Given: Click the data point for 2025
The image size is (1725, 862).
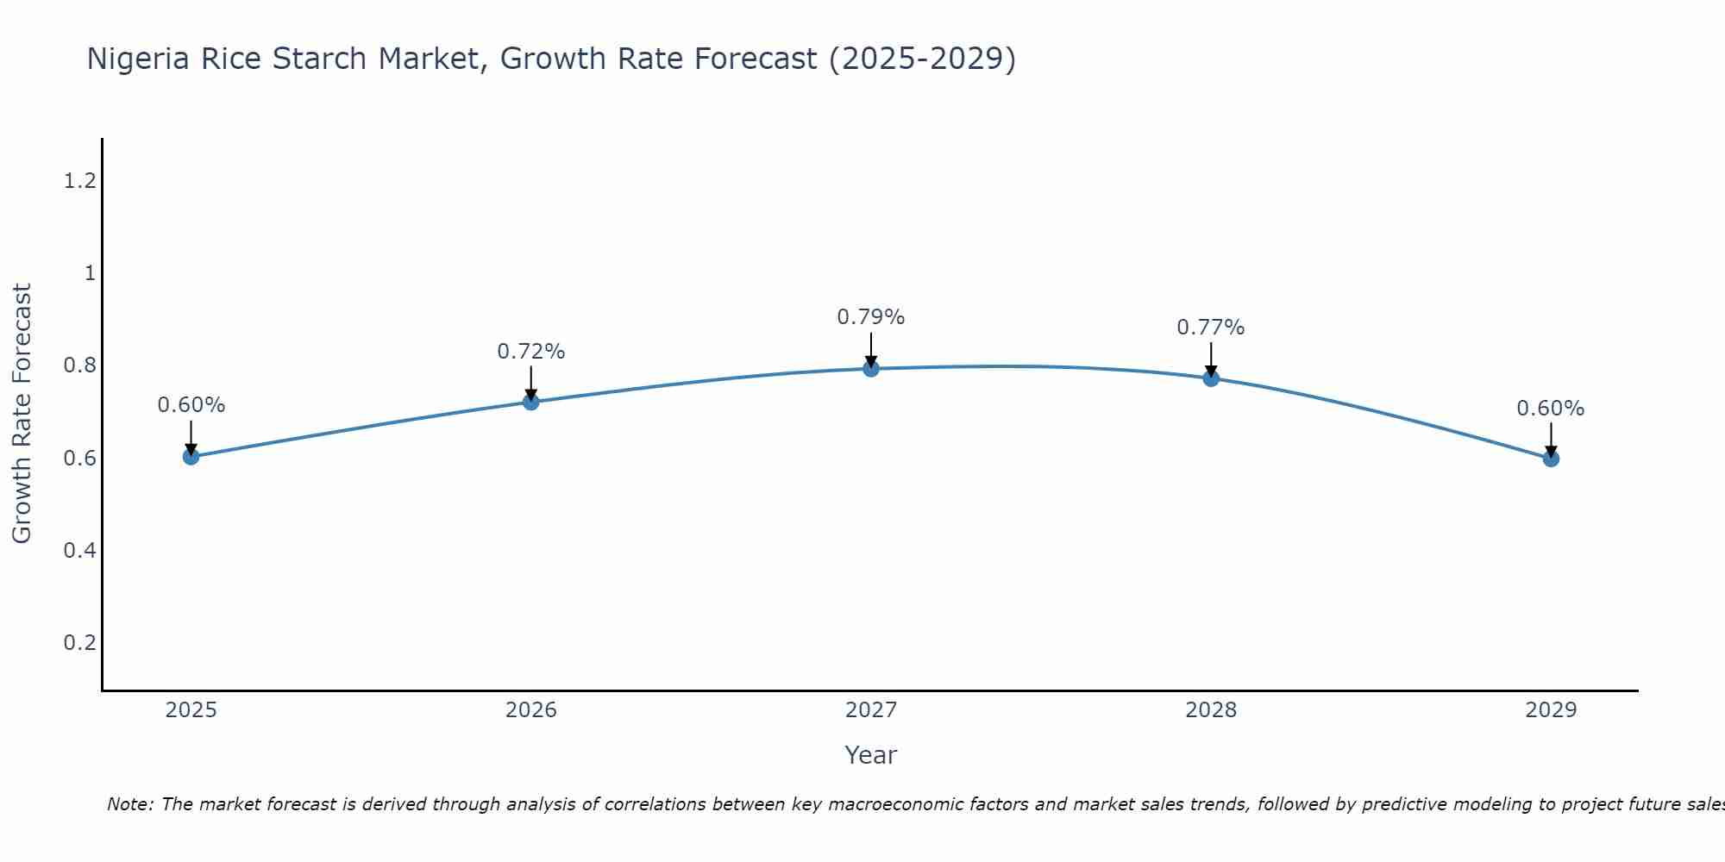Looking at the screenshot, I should (x=191, y=456).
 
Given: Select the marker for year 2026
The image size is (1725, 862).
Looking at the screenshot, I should (x=530, y=402).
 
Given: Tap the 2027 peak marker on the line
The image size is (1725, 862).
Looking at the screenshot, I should (x=871, y=369).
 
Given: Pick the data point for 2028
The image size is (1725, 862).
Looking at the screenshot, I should (x=1211, y=378).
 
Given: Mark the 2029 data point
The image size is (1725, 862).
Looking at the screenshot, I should (x=1551, y=459).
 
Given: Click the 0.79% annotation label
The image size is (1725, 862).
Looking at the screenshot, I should (x=871, y=317).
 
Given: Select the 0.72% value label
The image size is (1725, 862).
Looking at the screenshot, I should (x=530, y=352).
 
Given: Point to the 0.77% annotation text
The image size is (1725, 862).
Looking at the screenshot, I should (x=1211, y=328).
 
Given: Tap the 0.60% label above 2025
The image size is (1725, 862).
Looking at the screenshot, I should (x=191, y=405).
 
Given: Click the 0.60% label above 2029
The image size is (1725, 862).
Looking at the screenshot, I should (x=1551, y=409).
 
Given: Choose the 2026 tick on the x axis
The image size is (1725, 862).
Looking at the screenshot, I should (x=530, y=710).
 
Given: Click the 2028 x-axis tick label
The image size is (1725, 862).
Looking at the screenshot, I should (x=1211, y=710).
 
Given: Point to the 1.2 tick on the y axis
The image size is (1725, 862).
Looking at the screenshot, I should (x=79, y=181).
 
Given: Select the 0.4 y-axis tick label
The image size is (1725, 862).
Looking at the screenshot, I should (x=79, y=550).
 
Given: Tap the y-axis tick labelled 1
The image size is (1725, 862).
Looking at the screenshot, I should (x=89, y=273).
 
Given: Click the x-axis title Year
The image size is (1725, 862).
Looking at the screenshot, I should (x=871, y=755).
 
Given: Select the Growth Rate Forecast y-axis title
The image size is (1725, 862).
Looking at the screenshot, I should (x=22, y=414).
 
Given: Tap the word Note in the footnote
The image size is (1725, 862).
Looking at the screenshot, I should (x=129, y=804).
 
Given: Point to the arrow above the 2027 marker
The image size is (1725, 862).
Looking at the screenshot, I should (x=871, y=348).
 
